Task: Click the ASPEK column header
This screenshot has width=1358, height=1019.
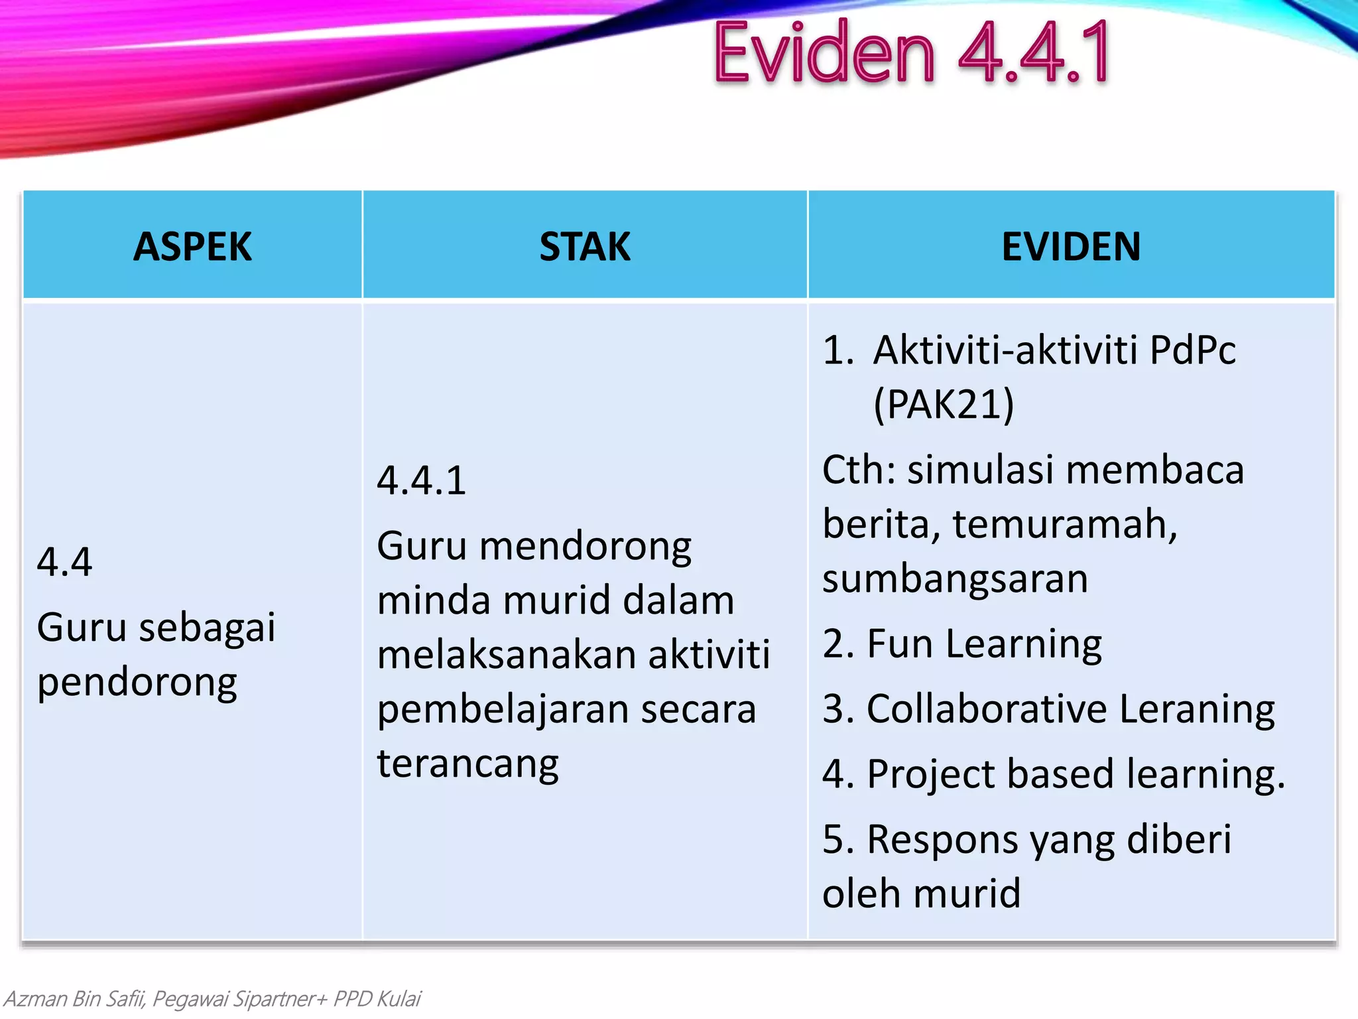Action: pos(192,247)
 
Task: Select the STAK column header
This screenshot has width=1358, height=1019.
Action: pos(584,247)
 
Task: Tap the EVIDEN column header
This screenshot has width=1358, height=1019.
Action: pos(1071,247)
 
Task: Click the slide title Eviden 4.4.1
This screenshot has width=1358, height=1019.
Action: pos(912,53)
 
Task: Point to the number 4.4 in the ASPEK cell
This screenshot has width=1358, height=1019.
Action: pos(64,562)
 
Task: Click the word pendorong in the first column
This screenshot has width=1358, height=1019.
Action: pos(137,683)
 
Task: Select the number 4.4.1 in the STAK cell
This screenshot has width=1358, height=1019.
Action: pos(422,480)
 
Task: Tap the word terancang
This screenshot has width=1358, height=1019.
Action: pos(468,764)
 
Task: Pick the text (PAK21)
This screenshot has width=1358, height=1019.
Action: pos(944,404)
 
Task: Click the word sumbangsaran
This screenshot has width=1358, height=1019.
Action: pos(955,578)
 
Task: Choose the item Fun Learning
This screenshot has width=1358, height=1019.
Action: pos(984,644)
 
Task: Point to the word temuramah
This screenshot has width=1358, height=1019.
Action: pos(1064,524)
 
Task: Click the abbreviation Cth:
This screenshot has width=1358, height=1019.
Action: pos(859,470)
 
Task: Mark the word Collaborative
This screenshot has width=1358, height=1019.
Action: pos(987,709)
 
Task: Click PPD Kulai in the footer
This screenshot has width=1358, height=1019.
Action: pos(377,998)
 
